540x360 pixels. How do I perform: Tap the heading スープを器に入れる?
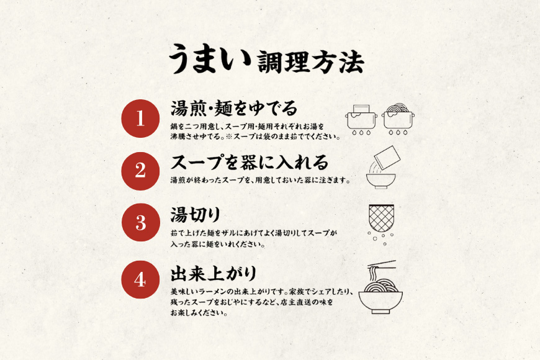point(249,163)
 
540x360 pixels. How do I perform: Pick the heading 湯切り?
point(196,215)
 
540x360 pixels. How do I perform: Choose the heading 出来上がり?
point(213,272)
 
